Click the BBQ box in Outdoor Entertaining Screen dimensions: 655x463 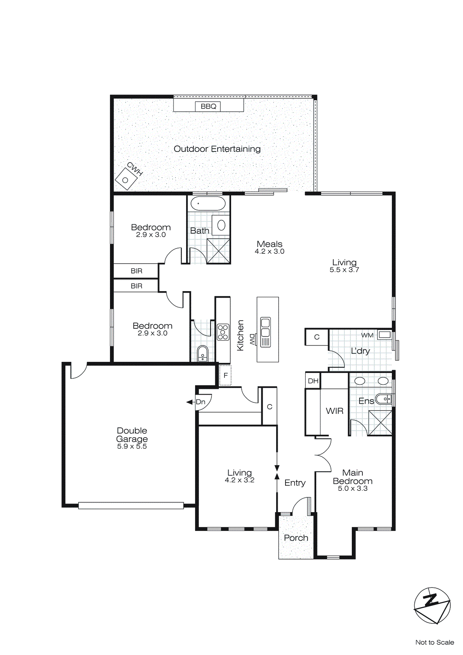click(x=208, y=106)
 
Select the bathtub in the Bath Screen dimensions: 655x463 click(x=208, y=203)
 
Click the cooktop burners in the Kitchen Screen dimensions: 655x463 click(x=223, y=332)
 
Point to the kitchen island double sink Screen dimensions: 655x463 click(x=265, y=326)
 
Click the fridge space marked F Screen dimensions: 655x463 click(x=225, y=375)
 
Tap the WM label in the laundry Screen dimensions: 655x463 click(x=367, y=335)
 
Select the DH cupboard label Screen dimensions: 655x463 click(x=313, y=381)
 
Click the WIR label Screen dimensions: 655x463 click(x=335, y=411)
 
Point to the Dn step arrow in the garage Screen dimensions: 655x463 click(x=190, y=402)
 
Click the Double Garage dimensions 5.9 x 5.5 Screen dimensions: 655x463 click(x=132, y=446)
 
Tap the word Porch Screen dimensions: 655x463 click(x=296, y=538)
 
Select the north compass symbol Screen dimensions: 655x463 click(x=432, y=605)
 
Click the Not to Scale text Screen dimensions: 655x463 click(x=434, y=642)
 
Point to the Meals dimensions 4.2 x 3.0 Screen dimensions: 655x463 click(x=269, y=251)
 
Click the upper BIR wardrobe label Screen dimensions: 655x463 click(x=137, y=271)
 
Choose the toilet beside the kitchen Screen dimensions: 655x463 click(x=202, y=353)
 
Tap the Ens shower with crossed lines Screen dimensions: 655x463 click(x=380, y=422)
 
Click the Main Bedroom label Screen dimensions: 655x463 click(x=353, y=477)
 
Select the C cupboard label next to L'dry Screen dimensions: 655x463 click(x=317, y=337)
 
